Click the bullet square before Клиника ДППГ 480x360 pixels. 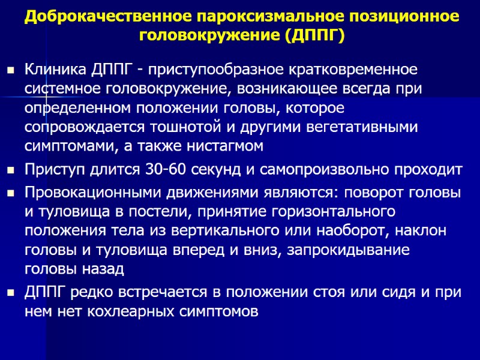(10, 70)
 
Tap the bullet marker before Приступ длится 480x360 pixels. (10, 170)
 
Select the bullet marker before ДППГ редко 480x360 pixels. (10, 293)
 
